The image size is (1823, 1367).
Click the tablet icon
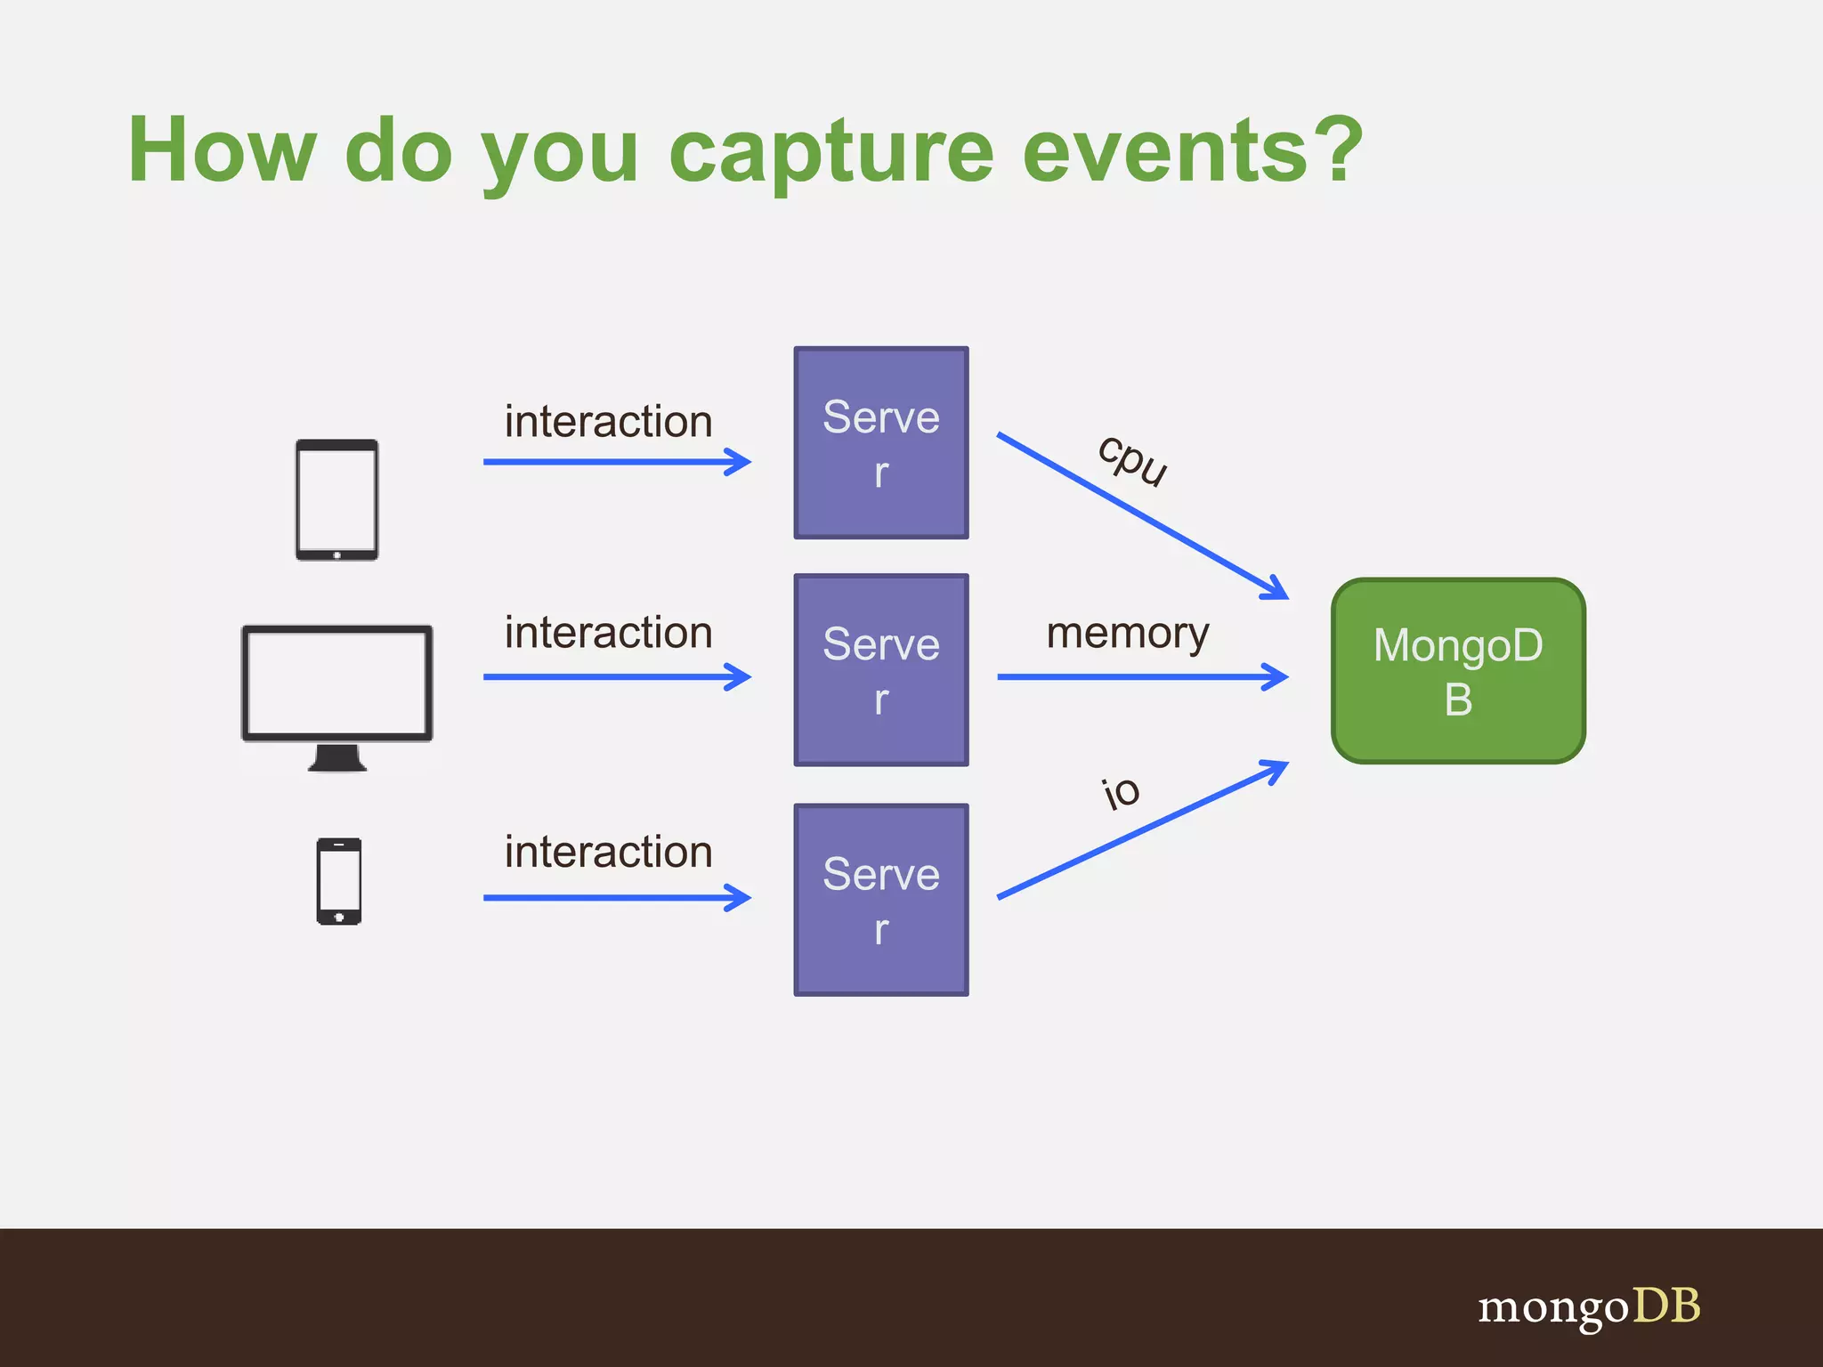click(336, 499)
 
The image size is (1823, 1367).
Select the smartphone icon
click(338, 881)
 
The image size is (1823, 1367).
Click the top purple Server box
click(880, 442)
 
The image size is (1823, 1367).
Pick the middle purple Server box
click(880, 669)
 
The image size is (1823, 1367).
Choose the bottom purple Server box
click(880, 899)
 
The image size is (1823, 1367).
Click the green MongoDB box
click(1457, 670)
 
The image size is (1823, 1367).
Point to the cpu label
click(1131, 460)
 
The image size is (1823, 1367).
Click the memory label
click(1127, 634)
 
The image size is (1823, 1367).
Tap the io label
click(1120, 791)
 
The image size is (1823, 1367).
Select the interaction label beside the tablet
click(608, 421)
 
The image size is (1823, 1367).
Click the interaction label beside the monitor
click(608, 633)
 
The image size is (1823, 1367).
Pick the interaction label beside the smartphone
click(608, 852)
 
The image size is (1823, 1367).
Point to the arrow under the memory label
click(1139, 677)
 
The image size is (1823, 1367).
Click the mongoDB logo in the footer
click(1588, 1306)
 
